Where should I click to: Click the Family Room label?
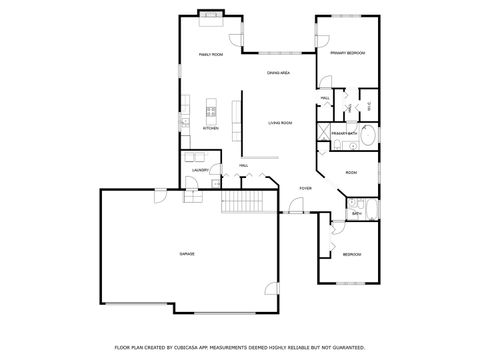209,55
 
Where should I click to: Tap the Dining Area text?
278,74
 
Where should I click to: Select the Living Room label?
280,123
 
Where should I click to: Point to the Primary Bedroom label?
347,52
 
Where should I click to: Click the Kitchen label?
211,129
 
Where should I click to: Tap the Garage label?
187,254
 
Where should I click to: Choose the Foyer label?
305,188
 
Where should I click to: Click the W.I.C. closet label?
369,105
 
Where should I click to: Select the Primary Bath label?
345,132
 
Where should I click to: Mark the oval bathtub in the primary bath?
367,137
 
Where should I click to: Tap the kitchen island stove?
211,111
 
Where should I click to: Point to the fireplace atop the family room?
211,14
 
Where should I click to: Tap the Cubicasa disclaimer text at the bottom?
239,346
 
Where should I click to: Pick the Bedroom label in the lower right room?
351,255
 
